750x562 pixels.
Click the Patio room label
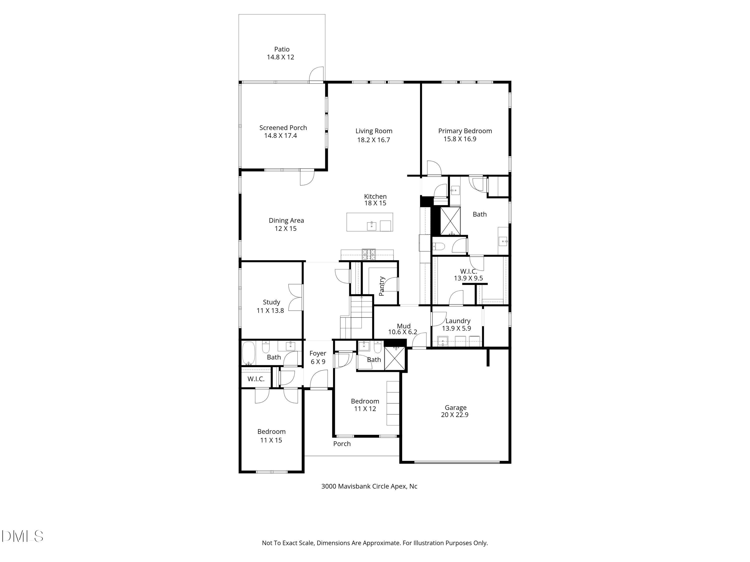tap(282, 49)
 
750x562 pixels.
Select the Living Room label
tap(374, 131)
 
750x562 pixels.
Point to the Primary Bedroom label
tap(465, 131)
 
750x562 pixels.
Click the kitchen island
tap(369, 222)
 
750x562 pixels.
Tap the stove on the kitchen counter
tap(368, 255)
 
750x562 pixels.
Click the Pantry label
tap(382, 286)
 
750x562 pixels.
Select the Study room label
tap(271, 302)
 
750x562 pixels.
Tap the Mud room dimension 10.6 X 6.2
tap(402, 332)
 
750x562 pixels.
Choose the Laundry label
tap(458, 321)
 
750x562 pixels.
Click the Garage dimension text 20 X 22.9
tap(455, 415)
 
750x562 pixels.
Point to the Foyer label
tap(318, 353)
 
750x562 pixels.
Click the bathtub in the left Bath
tap(248, 353)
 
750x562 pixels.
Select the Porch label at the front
tap(342, 444)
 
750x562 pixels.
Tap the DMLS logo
tap(22, 536)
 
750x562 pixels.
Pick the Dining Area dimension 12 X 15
tap(285, 229)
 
